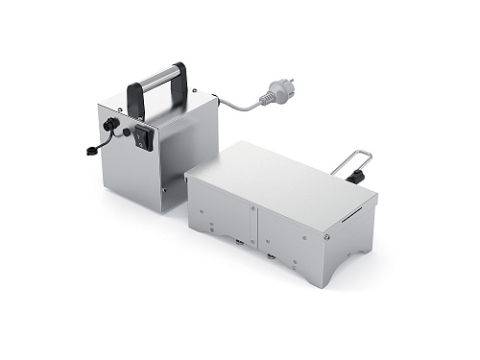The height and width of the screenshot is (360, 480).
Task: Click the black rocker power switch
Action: (x=145, y=138)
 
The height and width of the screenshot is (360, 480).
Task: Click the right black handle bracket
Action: (x=180, y=78)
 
